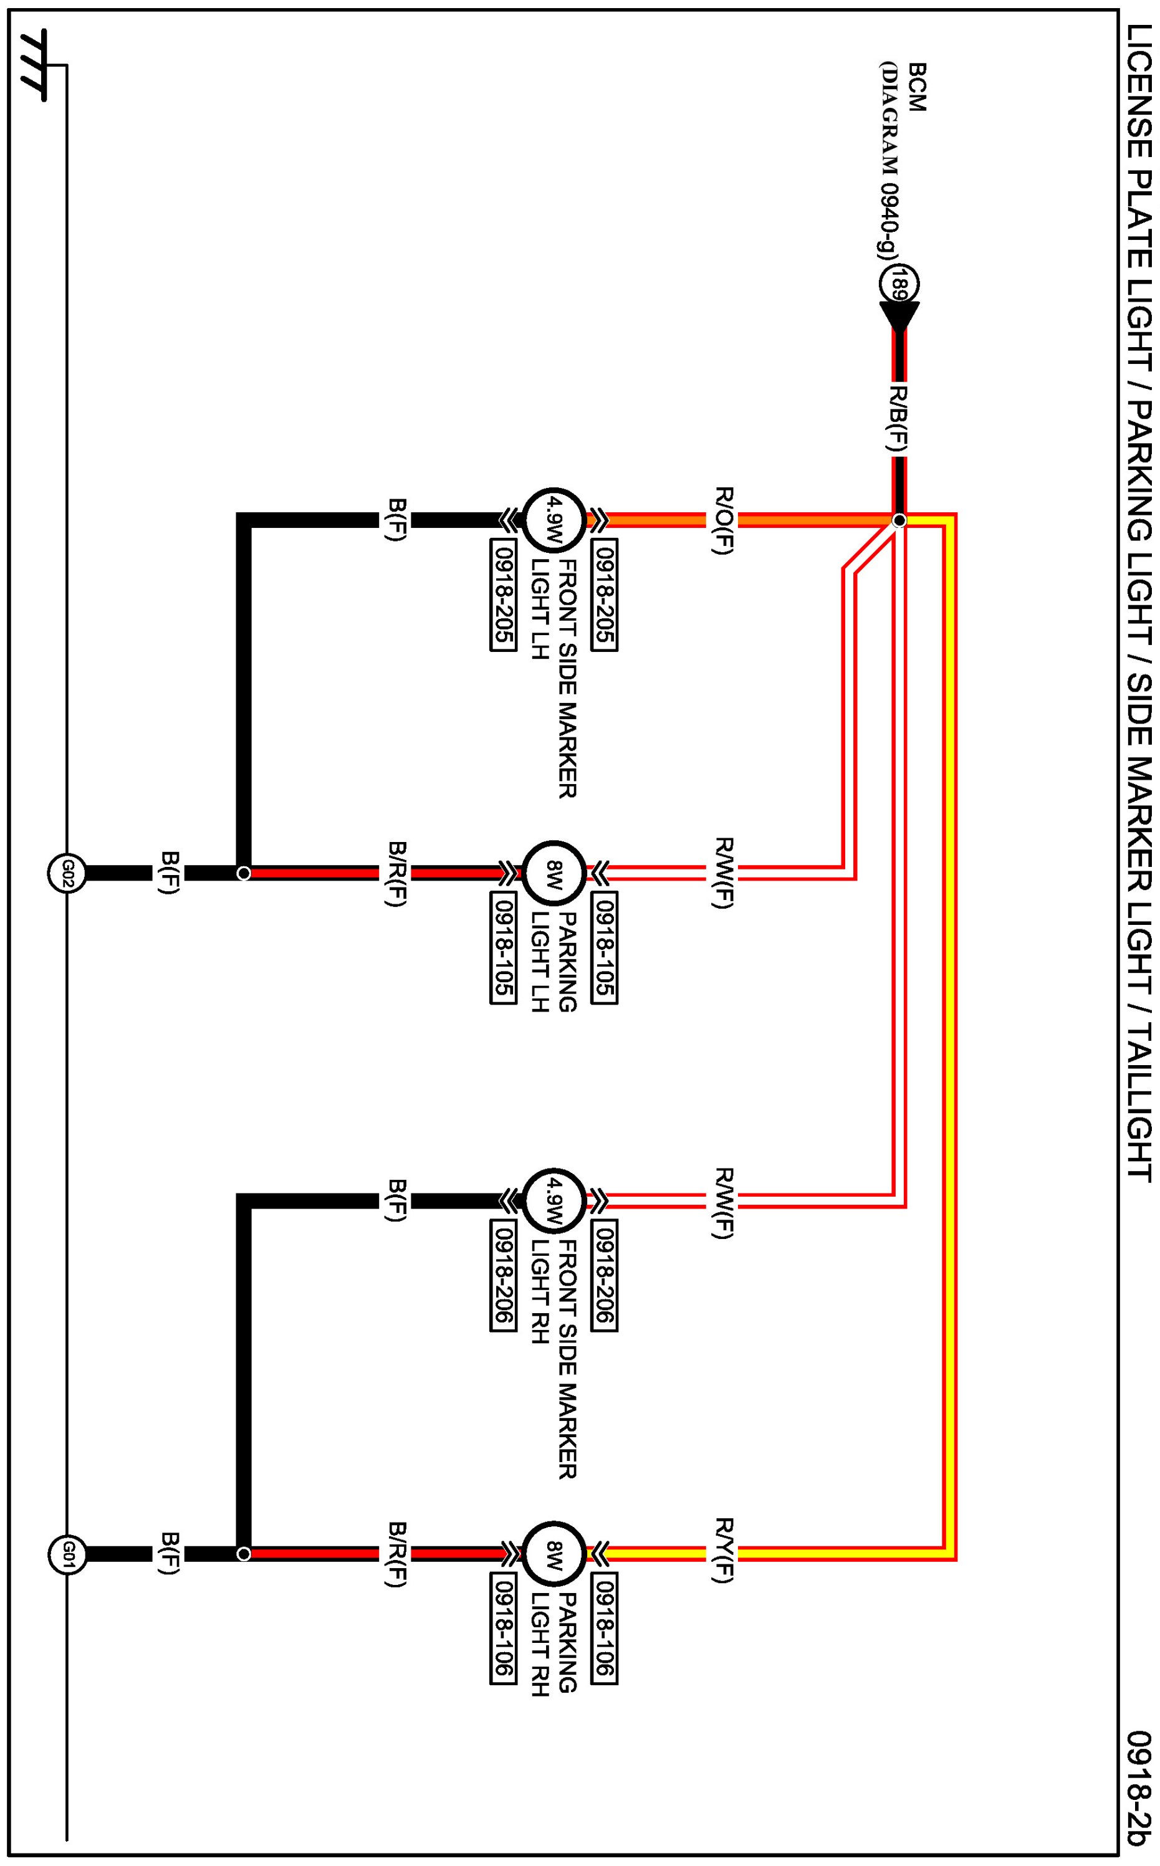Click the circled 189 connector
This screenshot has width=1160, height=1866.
899,284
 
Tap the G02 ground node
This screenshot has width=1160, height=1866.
67,873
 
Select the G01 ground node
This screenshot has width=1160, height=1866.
67,1554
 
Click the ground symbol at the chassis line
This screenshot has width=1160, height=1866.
33,65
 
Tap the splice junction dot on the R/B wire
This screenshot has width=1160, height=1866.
900,521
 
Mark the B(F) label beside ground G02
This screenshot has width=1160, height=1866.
170,873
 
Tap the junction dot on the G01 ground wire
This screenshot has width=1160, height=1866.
244,1554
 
